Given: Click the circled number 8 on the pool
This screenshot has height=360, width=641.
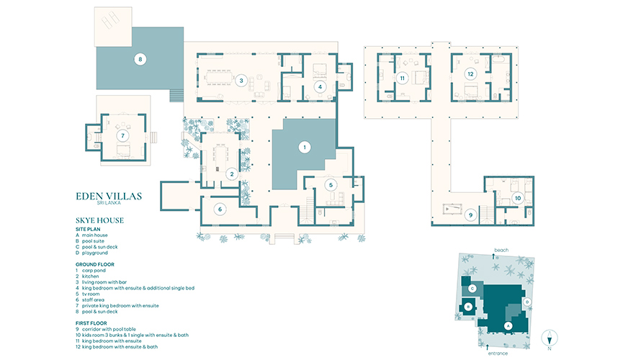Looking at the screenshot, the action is pos(140,59).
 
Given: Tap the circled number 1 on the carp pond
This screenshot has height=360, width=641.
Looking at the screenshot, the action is pos(304,147).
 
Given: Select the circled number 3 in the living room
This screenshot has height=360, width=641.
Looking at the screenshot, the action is pos(241,81).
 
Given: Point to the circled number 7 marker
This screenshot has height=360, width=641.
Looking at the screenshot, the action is pos(122,135).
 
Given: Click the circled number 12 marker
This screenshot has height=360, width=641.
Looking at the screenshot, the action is pos(470,74).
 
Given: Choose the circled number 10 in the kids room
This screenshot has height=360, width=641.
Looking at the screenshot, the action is pos(518,198).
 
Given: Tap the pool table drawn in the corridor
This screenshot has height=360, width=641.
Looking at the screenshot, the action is pos(452,210).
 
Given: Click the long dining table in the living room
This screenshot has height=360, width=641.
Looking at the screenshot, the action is pos(218,77).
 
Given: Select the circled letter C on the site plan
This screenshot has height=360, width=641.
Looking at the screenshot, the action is pos(472,289).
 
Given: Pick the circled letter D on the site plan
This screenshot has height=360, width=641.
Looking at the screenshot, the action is pos(527,302).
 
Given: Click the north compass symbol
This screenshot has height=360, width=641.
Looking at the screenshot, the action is pos(550,338).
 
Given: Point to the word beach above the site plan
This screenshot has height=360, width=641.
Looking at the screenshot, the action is pos(501,250).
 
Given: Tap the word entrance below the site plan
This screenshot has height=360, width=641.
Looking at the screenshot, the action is pos(498,354).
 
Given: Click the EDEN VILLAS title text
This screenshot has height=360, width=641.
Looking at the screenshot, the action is pos(109,196).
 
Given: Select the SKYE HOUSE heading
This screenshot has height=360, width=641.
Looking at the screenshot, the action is pos(99,220).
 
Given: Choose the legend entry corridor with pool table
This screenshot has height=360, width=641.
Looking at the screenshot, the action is pos(105,329).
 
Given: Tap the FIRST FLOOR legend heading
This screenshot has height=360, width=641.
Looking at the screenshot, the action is pos(91,323).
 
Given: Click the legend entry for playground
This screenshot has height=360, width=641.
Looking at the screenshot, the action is pos(91,253).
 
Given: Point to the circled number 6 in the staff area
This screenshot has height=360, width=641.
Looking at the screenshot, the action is pos(220,210).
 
